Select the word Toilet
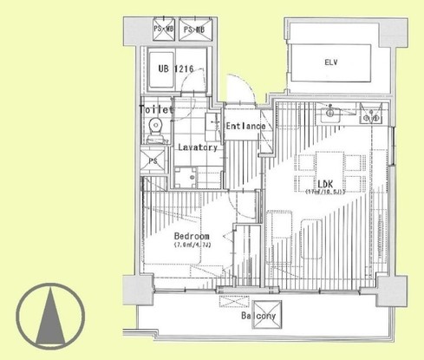point(156,110)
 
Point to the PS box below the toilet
point(153,161)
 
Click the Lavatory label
point(197,147)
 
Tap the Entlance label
point(245,128)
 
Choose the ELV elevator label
point(331,62)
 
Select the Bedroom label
point(192,237)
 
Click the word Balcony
point(258,317)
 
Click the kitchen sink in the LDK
point(331,114)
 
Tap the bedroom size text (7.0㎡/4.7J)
point(192,245)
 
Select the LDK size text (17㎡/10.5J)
point(325,193)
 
